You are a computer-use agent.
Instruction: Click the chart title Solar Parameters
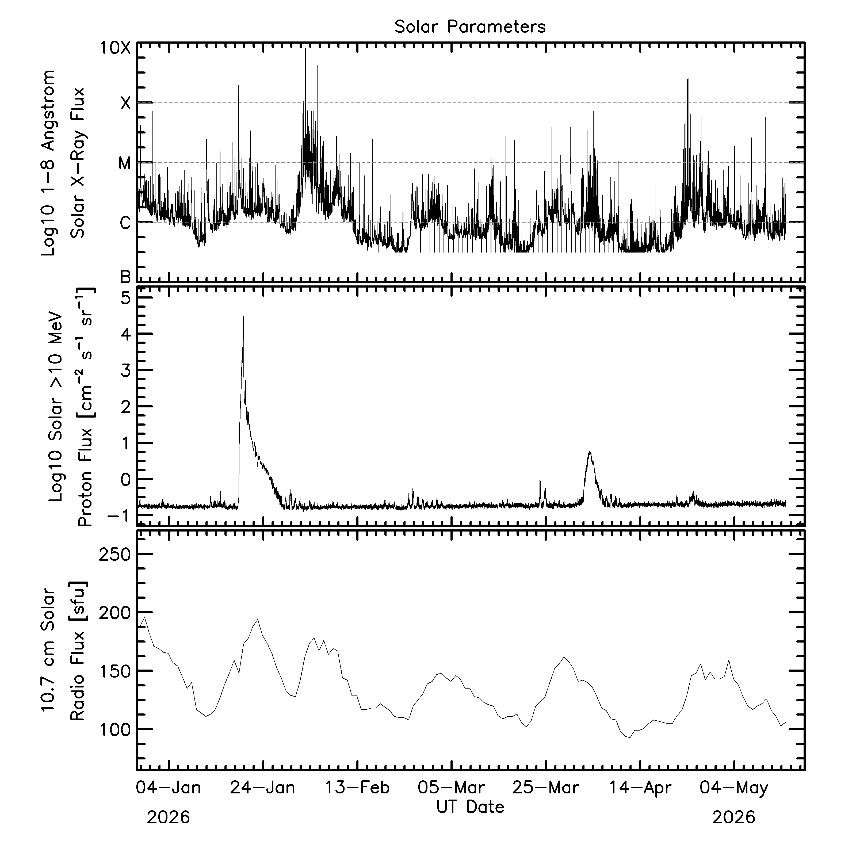tap(470, 27)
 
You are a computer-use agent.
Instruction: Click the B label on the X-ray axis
tap(126, 277)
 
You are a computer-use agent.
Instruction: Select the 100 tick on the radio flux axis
tap(115, 730)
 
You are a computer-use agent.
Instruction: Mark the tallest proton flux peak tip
tap(243, 316)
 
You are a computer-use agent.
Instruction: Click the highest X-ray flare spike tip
tap(305, 48)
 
